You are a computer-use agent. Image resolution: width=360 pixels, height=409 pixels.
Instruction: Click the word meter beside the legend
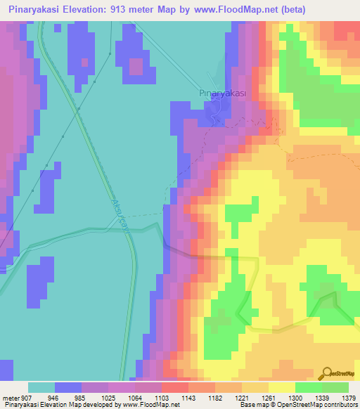click(11, 397)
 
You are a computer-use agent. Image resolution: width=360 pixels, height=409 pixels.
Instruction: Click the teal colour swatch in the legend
click(41, 387)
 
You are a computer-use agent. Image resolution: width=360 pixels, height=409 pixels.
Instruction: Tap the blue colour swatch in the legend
click(68, 387)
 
